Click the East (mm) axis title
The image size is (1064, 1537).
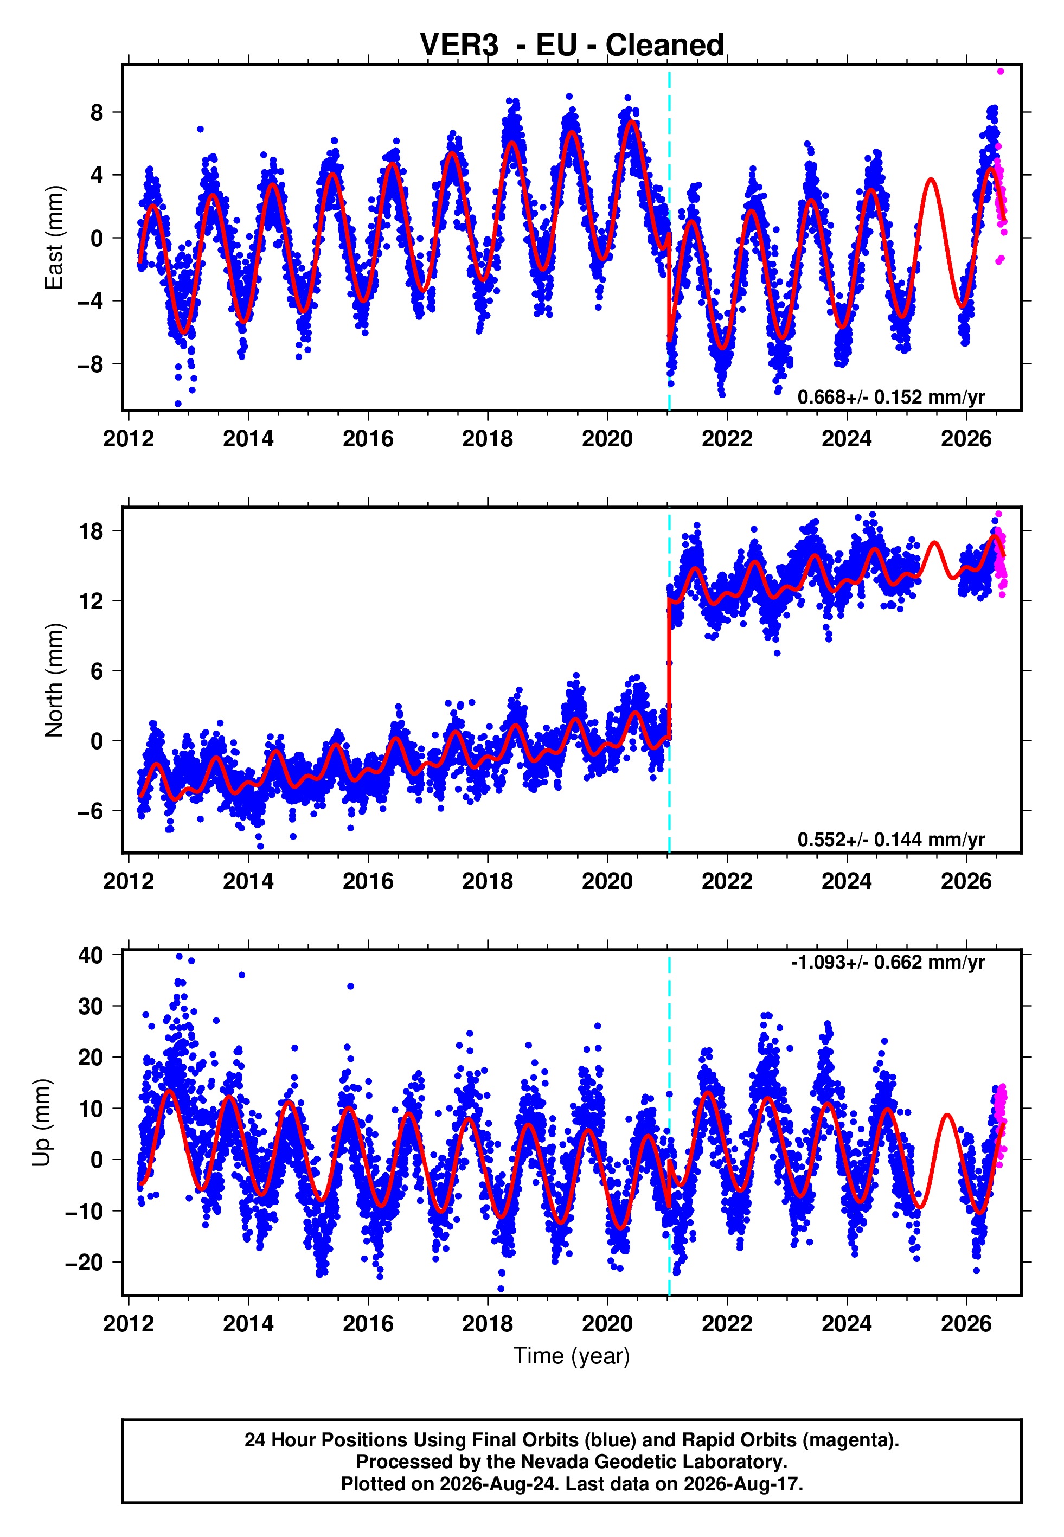53,238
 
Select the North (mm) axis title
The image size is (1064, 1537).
53,680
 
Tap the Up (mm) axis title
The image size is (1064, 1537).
41,1123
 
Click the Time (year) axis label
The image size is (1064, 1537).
572,1356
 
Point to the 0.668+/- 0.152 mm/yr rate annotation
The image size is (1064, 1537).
890,397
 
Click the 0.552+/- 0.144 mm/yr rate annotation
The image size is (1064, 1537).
890,840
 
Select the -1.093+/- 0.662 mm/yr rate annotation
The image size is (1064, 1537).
887,963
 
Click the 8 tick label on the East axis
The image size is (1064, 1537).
97,113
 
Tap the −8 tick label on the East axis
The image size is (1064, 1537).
91,364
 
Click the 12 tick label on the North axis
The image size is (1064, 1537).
91,601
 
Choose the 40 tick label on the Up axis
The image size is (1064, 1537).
91,955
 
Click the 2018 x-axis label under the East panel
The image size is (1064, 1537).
488,439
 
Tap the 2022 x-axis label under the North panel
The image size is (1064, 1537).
727,881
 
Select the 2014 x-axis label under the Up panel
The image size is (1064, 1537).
248,1324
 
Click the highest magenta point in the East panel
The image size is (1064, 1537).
1000,71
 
